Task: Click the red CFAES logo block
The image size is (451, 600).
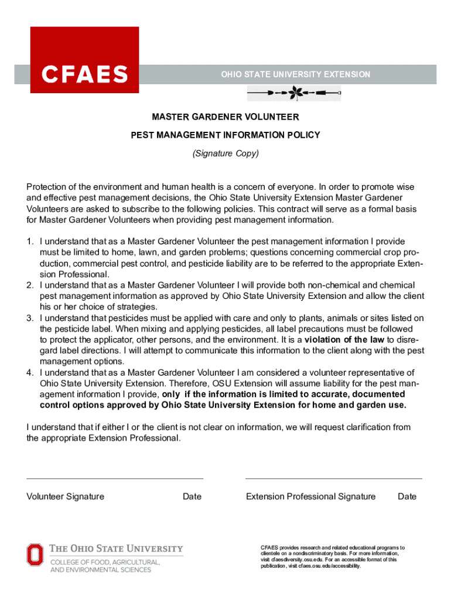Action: pyautogui.click(x=84, y=60)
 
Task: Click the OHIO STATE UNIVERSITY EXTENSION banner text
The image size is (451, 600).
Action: pyautogui.click(x=295, y=74)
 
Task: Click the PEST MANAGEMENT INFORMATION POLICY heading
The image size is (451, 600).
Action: pyautogui.click(x=225, y=135)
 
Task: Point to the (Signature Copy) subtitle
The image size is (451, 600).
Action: pyautogui.click(x=225, y=154)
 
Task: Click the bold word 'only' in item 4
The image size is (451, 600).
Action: pyautogui.click(x=171, y=394)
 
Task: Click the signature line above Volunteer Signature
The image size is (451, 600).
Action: pyautogui.click(x=115, y=479)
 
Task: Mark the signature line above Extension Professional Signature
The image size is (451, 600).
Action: pyautogui.click(x=333, y=479)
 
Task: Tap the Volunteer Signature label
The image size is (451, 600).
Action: pyautogui.click(x=66, y=497)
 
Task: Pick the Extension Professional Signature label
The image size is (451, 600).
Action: pyautogui.click(x=310, y=497)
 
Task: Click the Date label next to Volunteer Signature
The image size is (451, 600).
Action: pyautogui.click(x=192, y=497)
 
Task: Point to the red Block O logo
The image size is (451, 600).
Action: pyautogui.click(x=35, y=555)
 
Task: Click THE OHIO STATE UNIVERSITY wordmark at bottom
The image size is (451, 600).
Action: pyautogui.click(x=116, y=549)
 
